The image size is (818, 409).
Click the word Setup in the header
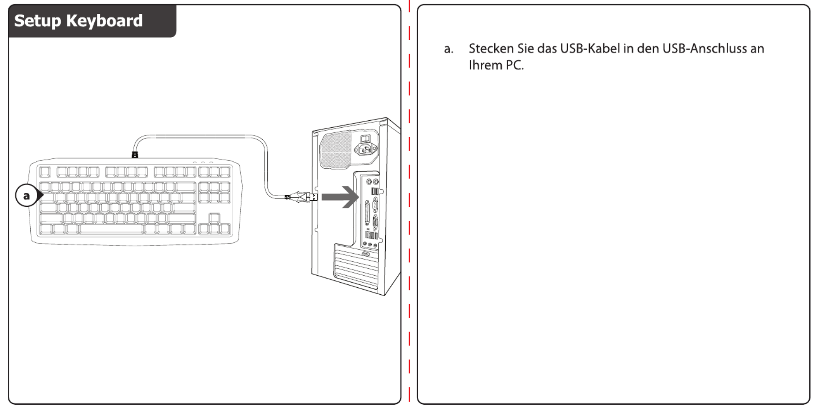pyautogui.click(x=38, y=21)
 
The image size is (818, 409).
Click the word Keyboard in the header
pyautogui.click(x=104, y=21)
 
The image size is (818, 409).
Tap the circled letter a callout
pyautogui.click(x=26, y=196)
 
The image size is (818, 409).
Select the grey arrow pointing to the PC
pyautogui.click(x=340, y=197)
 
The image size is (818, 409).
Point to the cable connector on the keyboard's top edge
pyautogui.click(x=135, y=155)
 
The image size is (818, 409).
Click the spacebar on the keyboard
pyautogui.click(x=112, y=229)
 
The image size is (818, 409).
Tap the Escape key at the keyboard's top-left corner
pyautogui.click(x=45, y=172)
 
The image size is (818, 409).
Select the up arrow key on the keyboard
pyautogui.click(x=214, y=218)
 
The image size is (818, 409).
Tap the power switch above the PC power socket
pyautogui.click(x=365, y=138)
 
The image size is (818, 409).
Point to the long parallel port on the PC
pyautogui.click(x=367, y=213)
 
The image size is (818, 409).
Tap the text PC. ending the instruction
pyautogui.click(x=515, y=65)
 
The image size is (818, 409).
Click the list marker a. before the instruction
pyautogui.click(x=449, y=49)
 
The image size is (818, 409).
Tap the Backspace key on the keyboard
pyautogui.click(x=186, y=187)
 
